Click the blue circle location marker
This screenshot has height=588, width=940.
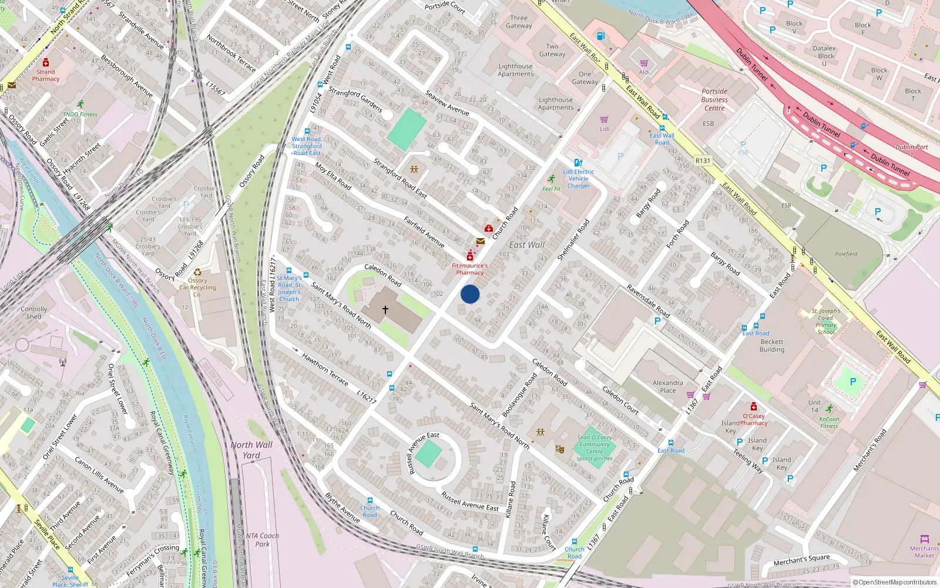tap(470, 294)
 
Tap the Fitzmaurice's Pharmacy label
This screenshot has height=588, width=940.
tap(469, 269)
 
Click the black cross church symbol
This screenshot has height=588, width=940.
tap(385, 309)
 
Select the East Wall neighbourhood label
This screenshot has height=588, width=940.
tap(526, 245)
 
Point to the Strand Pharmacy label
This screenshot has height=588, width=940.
tap(46, 75)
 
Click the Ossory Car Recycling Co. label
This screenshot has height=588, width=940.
tap(197, 288)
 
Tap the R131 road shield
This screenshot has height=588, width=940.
tap(703, 161)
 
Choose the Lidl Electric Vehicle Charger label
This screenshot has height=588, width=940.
tap(579, 179)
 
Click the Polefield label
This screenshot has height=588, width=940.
tap(846, 254)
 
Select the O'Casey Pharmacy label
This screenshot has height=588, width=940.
tap(754, 419)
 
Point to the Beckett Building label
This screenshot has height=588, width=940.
tap(772, 345)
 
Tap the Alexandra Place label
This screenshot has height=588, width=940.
tap(668, 386)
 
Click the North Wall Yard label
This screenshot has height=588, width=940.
tap(251, 450)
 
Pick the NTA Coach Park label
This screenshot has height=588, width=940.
tap(262, 540)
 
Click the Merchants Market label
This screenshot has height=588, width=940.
tap(924, 552)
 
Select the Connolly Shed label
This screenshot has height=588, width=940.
tap(34, 312)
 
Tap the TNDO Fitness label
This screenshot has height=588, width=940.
tap(80, 114)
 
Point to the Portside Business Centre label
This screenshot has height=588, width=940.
tap(714, 99)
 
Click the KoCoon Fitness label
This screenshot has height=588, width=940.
tap(829, 422)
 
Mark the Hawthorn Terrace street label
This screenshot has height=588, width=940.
tap(325, 369)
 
